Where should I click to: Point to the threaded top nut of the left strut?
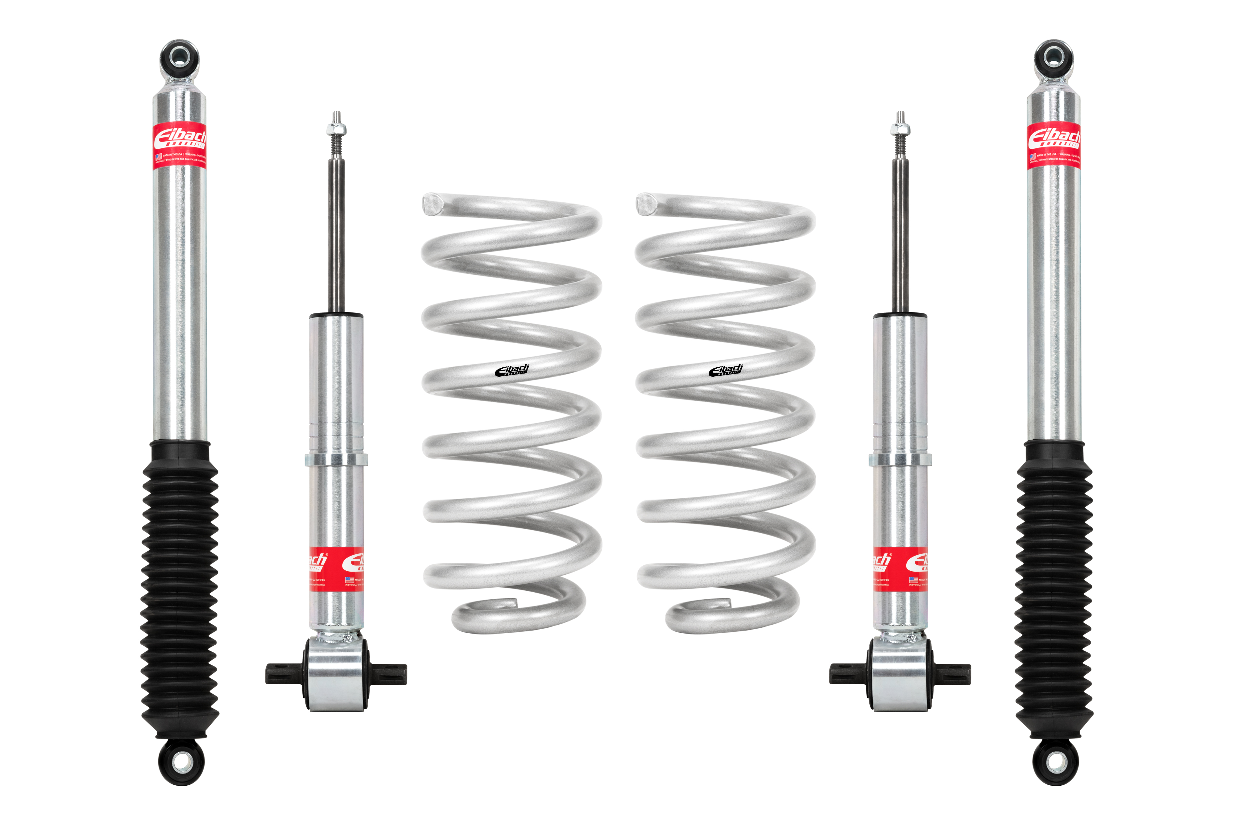(337, 129)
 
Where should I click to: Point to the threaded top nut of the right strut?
(900, 129)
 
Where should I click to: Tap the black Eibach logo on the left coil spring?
(512, 370)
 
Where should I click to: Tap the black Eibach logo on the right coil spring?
(725, 370)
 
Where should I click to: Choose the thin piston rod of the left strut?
(337, 236)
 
